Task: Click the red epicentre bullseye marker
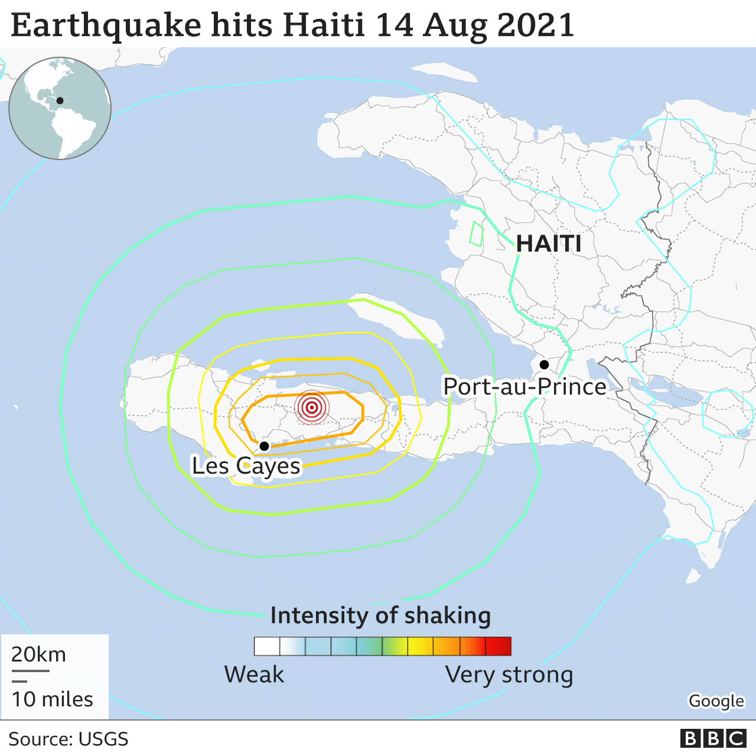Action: click(x=311, y=407)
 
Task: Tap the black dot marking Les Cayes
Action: click(x=265, y=446)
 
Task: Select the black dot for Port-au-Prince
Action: click(x=544, y=364)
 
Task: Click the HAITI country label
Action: click(x=549, y=243)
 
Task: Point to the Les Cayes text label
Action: click(x=246, y=466)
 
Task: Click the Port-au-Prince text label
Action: click(x=524, y=387)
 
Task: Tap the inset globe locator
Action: click(x=60, y=108)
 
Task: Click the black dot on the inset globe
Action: click(x=60, y=101)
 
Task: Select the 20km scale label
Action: click(x=38, y=654)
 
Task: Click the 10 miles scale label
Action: click(x=53, y=699)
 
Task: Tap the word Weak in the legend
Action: click(x=254, y=674)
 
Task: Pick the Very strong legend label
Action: click(x=509, y=674)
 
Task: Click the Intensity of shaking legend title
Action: click(x=380, y=615)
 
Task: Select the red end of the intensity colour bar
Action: click(x=499, y=646)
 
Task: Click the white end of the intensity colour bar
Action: click(x=266, y=646)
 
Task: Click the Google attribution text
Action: click(x=716, y=701)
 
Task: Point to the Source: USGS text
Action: click(x=69, y=739)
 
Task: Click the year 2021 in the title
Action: click(x=536, y=26)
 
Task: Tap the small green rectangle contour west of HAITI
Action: click(x=476, y=234)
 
